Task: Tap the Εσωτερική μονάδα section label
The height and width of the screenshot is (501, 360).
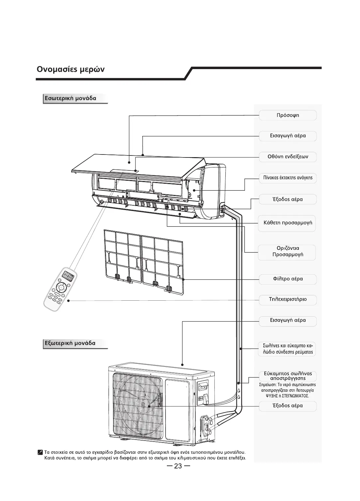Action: point(70,98)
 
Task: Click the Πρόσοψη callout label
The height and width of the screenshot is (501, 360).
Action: point(288,115)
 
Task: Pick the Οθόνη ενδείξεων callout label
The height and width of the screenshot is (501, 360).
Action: point(288,156)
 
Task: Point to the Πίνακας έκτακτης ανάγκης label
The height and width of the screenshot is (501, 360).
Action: point(288,178)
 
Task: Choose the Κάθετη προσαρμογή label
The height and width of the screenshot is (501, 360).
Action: point(288,223)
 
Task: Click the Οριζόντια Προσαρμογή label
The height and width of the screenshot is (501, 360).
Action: point(288,251)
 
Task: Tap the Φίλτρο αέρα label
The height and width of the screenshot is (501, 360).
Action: point(288,279)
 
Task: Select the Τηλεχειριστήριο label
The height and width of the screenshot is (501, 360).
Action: point(288,299)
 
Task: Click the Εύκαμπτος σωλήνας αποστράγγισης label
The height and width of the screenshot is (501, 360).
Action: point(288,376)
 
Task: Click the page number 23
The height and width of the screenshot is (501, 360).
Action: point(178,466)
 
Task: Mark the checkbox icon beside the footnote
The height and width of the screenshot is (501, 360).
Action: point(40,452)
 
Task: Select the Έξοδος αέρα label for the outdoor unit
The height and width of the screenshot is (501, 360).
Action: point(288,406)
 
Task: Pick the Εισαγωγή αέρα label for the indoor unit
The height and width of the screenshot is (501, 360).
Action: point(288,136)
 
